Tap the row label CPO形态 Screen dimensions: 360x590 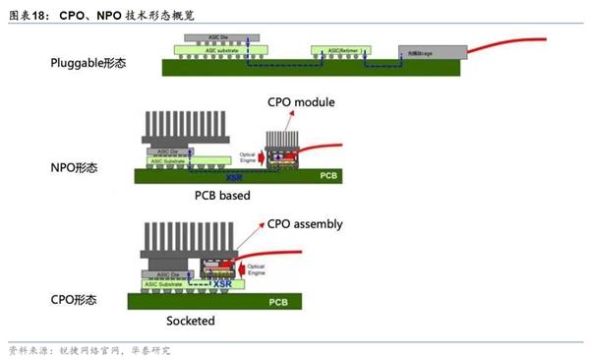79,297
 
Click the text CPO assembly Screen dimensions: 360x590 304,224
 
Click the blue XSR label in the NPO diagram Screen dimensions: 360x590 234,178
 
